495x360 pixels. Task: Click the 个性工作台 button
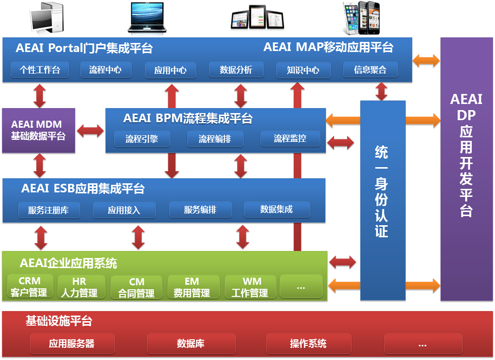(x=40, y=70)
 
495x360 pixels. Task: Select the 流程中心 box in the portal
(x=105, y=70)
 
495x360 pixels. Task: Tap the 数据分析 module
(x=236, y=70)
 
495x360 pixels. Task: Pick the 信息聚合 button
(x=371, y=70)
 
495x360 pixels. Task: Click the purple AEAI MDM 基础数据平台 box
(x=38, y=130)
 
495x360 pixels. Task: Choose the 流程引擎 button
(x=142, y=139)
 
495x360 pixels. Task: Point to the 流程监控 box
(x=290, y=138)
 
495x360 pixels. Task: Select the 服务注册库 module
(x=48, y=210)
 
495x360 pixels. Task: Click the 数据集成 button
(x=277, y=210)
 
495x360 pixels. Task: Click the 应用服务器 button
(x=72, y=344)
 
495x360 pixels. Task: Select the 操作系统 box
(x=308, y=344)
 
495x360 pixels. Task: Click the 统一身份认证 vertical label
(x=381, y=192)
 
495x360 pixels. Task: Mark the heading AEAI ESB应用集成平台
(x=83, y=189)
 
